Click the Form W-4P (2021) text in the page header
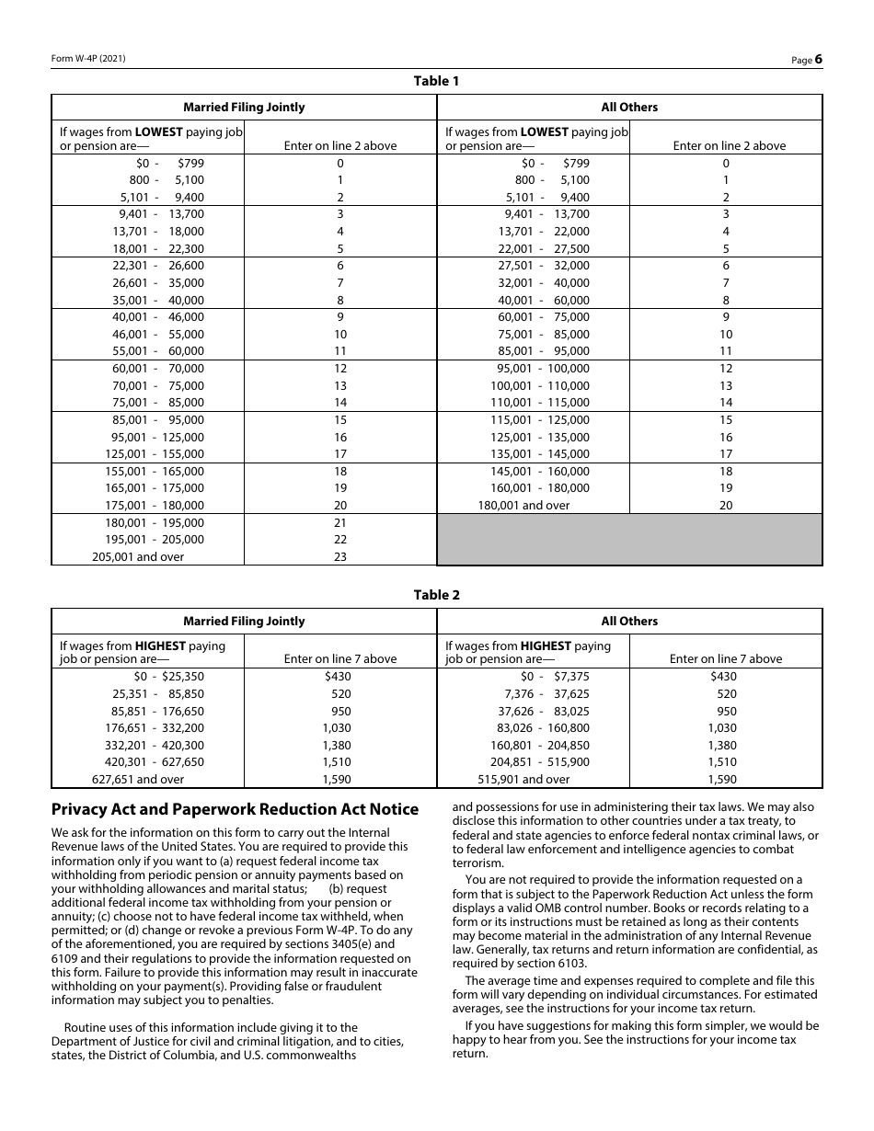[88, 58]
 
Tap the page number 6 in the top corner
[817, 59]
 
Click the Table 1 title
[436, 81]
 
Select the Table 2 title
[436, 595]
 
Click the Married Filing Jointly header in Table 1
[244, 107]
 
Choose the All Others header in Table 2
[629, 621]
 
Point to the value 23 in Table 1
[340, 556]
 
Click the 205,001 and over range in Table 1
[138, 556]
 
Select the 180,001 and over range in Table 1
[523, 505]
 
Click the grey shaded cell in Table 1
[629, 539]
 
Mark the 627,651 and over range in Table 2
[138, 779]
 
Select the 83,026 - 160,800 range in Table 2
[540, 727]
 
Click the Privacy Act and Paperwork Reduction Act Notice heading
[235, 809]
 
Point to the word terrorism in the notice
[478, 863]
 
